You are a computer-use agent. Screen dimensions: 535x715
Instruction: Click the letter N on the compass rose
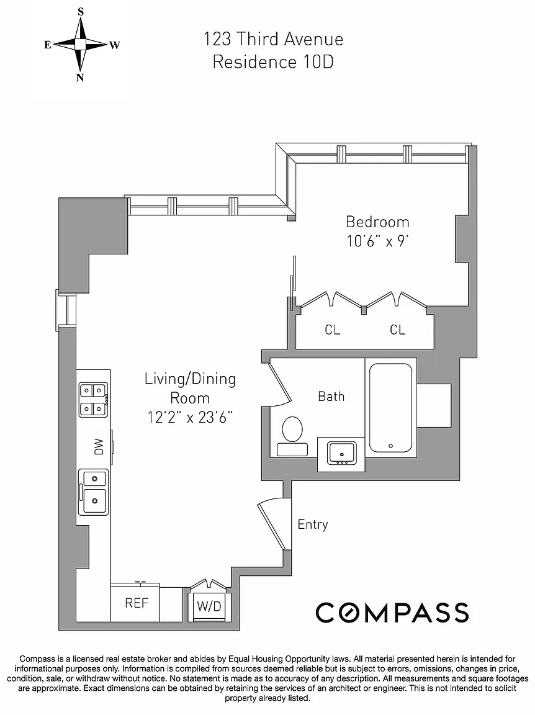pos(80,77)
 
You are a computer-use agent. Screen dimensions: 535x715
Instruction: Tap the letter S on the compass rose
pos(81,12)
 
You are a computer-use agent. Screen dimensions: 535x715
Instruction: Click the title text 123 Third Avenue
pos(273,39)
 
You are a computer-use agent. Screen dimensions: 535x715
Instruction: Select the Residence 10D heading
pos(273,62)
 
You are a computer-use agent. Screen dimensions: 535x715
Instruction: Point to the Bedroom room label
pos(377,222)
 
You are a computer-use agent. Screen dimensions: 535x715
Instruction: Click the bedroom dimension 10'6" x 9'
pos(377,241)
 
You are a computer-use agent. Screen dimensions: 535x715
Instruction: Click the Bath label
pos(331,396)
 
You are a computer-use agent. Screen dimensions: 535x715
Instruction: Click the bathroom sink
pos(341,453)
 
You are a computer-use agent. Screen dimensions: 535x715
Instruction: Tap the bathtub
pos(391,408)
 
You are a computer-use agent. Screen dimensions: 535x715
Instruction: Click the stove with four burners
pos(94,400)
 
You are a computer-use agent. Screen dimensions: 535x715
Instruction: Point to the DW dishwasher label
pos(99,446)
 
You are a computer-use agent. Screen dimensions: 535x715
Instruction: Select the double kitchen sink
pos(94,492)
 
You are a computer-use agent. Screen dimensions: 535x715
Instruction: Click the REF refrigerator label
pos(137,603)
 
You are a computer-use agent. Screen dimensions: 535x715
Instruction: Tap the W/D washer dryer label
pos(209,606)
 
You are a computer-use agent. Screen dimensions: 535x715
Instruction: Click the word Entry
pos(312,524)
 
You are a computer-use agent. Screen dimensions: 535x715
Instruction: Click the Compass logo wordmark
pos(392,613)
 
